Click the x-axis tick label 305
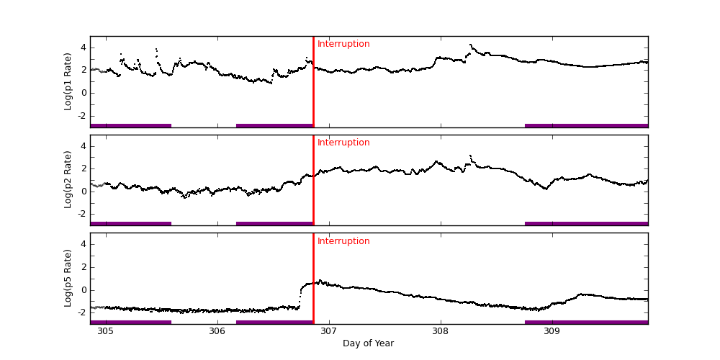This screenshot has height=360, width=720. point(105,331)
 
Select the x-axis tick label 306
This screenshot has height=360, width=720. point(217,331)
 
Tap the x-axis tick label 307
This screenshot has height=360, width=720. point(329,331)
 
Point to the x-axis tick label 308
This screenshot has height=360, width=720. point(441,331)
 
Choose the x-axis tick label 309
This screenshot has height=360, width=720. point(552,331)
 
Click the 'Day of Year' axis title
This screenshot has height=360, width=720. point(368,343)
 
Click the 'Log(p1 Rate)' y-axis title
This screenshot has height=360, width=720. point(68,81)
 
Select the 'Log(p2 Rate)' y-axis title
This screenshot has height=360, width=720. point(68,180)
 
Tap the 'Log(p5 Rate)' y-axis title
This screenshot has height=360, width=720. point(68,278)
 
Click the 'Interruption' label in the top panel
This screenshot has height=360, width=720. point(343,44)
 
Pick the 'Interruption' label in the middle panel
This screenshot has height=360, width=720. point(343,143)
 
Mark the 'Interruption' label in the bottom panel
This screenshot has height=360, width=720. point(343,241)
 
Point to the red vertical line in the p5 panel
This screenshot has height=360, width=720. point(313,281)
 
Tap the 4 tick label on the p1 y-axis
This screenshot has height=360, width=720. point(83,48)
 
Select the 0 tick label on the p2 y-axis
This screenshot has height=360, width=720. point(83,191)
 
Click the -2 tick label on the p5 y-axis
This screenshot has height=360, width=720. point(81,312)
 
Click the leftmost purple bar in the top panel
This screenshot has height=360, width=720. point(130,125)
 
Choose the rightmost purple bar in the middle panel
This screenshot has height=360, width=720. point(586,223)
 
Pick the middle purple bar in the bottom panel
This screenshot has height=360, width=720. point(274,322)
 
